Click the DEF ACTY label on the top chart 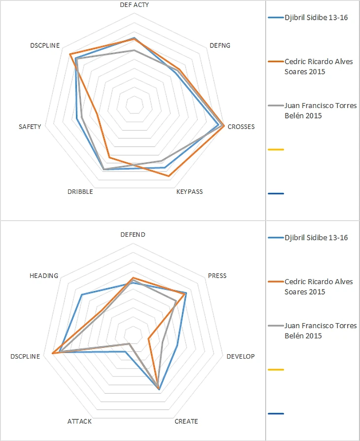pos(135,4)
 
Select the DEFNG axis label pos(219,45)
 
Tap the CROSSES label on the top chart pos(241,127)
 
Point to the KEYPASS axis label pos(189,191)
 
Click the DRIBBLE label pos(80,191)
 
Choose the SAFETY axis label pos(30,127)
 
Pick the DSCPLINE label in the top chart pos(45,45)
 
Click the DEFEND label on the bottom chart pos(133,235)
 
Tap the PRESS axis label pos(217,276)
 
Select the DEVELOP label pos(240,357)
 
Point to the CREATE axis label pos(186,421)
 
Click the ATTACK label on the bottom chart pos(79,421)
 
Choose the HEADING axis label pos(44,276)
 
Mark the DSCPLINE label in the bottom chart pos(25,357)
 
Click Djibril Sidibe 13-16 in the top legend pos(316,17)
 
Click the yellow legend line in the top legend pos(276,149)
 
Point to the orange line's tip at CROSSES pos(225,126)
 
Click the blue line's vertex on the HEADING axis pos(81,294)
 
